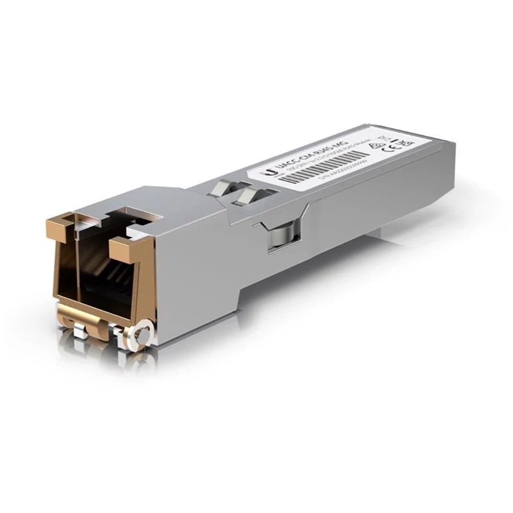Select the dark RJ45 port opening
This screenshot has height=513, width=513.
[103, 269]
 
